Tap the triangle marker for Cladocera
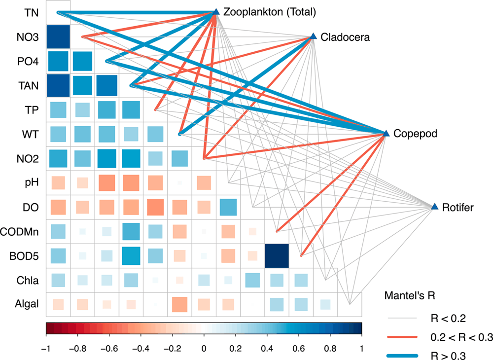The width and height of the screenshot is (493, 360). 313,37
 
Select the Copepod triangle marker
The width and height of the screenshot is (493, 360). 386,134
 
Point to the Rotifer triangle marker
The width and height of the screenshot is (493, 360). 434,207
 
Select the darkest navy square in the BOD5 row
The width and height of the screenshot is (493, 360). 277,255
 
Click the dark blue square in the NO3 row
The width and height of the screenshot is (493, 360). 58,37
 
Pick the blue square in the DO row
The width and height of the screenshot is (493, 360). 228,207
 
